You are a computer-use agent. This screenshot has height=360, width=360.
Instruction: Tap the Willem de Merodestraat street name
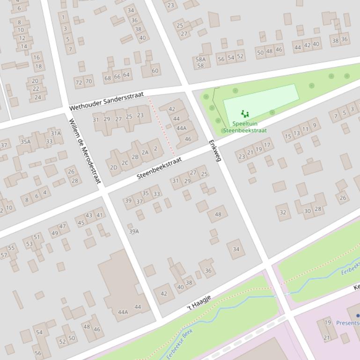[85, 151]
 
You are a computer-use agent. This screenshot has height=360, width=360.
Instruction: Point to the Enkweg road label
[214, 151]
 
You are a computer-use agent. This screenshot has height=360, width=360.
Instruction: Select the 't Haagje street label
[199, 302]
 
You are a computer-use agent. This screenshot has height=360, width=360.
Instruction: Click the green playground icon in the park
[245, 114]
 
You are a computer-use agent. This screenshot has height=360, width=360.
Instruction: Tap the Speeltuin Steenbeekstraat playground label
[245, 127]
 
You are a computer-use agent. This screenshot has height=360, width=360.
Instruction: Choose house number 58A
[200, 59]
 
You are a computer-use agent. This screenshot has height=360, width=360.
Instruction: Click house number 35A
[25, 142]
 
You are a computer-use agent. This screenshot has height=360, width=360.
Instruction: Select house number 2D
[114, 167]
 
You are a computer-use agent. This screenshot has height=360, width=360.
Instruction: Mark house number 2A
[145, 152]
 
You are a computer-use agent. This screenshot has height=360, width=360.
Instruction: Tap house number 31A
[56, 133]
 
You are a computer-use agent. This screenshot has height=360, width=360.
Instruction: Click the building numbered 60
[155, 71]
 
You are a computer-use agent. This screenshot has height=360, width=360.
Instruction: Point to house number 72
[79, 82]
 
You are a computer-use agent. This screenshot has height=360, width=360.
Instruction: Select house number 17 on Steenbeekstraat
[267, 145]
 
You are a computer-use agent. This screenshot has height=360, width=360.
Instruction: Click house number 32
[283, 212]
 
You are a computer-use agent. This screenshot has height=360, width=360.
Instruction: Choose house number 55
[11, 248]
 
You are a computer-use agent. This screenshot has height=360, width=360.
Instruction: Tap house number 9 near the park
[315, 125]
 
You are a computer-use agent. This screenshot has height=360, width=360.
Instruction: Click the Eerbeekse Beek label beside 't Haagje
[180, 344]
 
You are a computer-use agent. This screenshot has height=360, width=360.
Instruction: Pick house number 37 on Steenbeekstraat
[140, 202]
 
